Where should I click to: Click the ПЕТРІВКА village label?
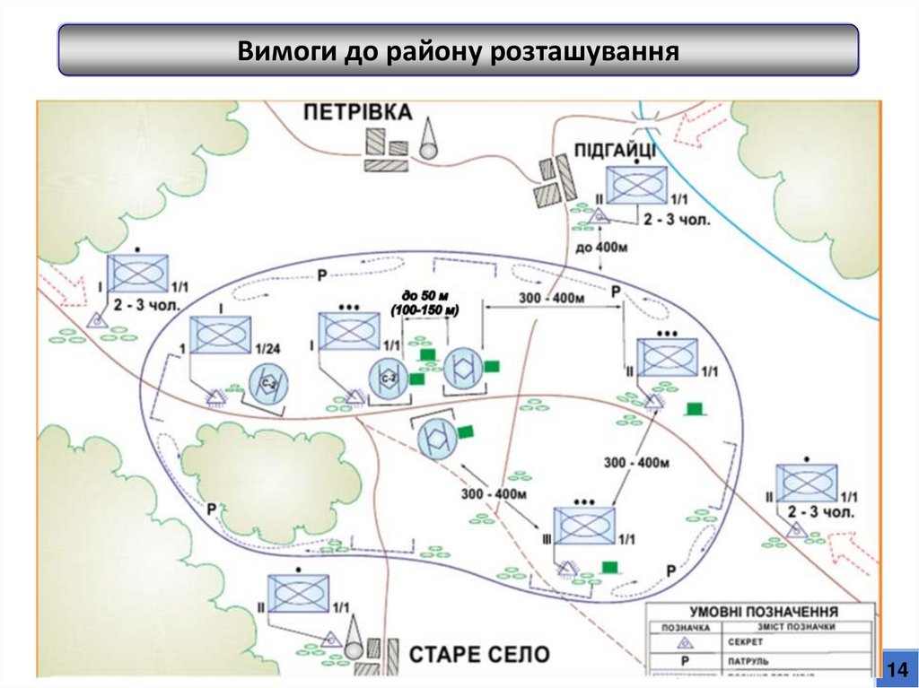coord(357,112)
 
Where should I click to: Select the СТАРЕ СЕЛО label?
coord(479,654)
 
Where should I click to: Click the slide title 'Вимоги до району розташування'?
coord(458,49)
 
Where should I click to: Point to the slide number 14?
coord(897,669)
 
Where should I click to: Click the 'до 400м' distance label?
coord(599,247)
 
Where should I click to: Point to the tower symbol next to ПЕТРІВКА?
coord(429,138)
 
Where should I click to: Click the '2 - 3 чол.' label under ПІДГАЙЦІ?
coord(674,219)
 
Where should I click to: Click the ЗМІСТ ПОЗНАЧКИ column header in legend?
coord(790,627)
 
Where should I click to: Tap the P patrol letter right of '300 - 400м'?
coord(616,292)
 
